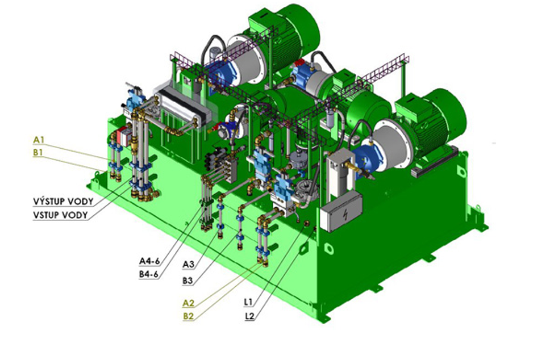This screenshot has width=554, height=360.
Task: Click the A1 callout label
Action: [39, 140]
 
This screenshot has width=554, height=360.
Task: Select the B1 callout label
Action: [38, 153]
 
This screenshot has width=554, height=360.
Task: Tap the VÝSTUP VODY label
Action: [63, 202]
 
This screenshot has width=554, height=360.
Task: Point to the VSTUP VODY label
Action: [60, 215]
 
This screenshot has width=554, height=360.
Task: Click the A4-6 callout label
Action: [149, 261]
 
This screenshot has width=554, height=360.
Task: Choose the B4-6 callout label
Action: [148, 274]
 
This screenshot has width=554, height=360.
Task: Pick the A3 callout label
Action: [188, 264]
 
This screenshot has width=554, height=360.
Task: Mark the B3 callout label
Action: [188, 281]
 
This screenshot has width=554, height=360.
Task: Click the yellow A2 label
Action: [188, 303]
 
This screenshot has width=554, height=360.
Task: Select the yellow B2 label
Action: [188, 316]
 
